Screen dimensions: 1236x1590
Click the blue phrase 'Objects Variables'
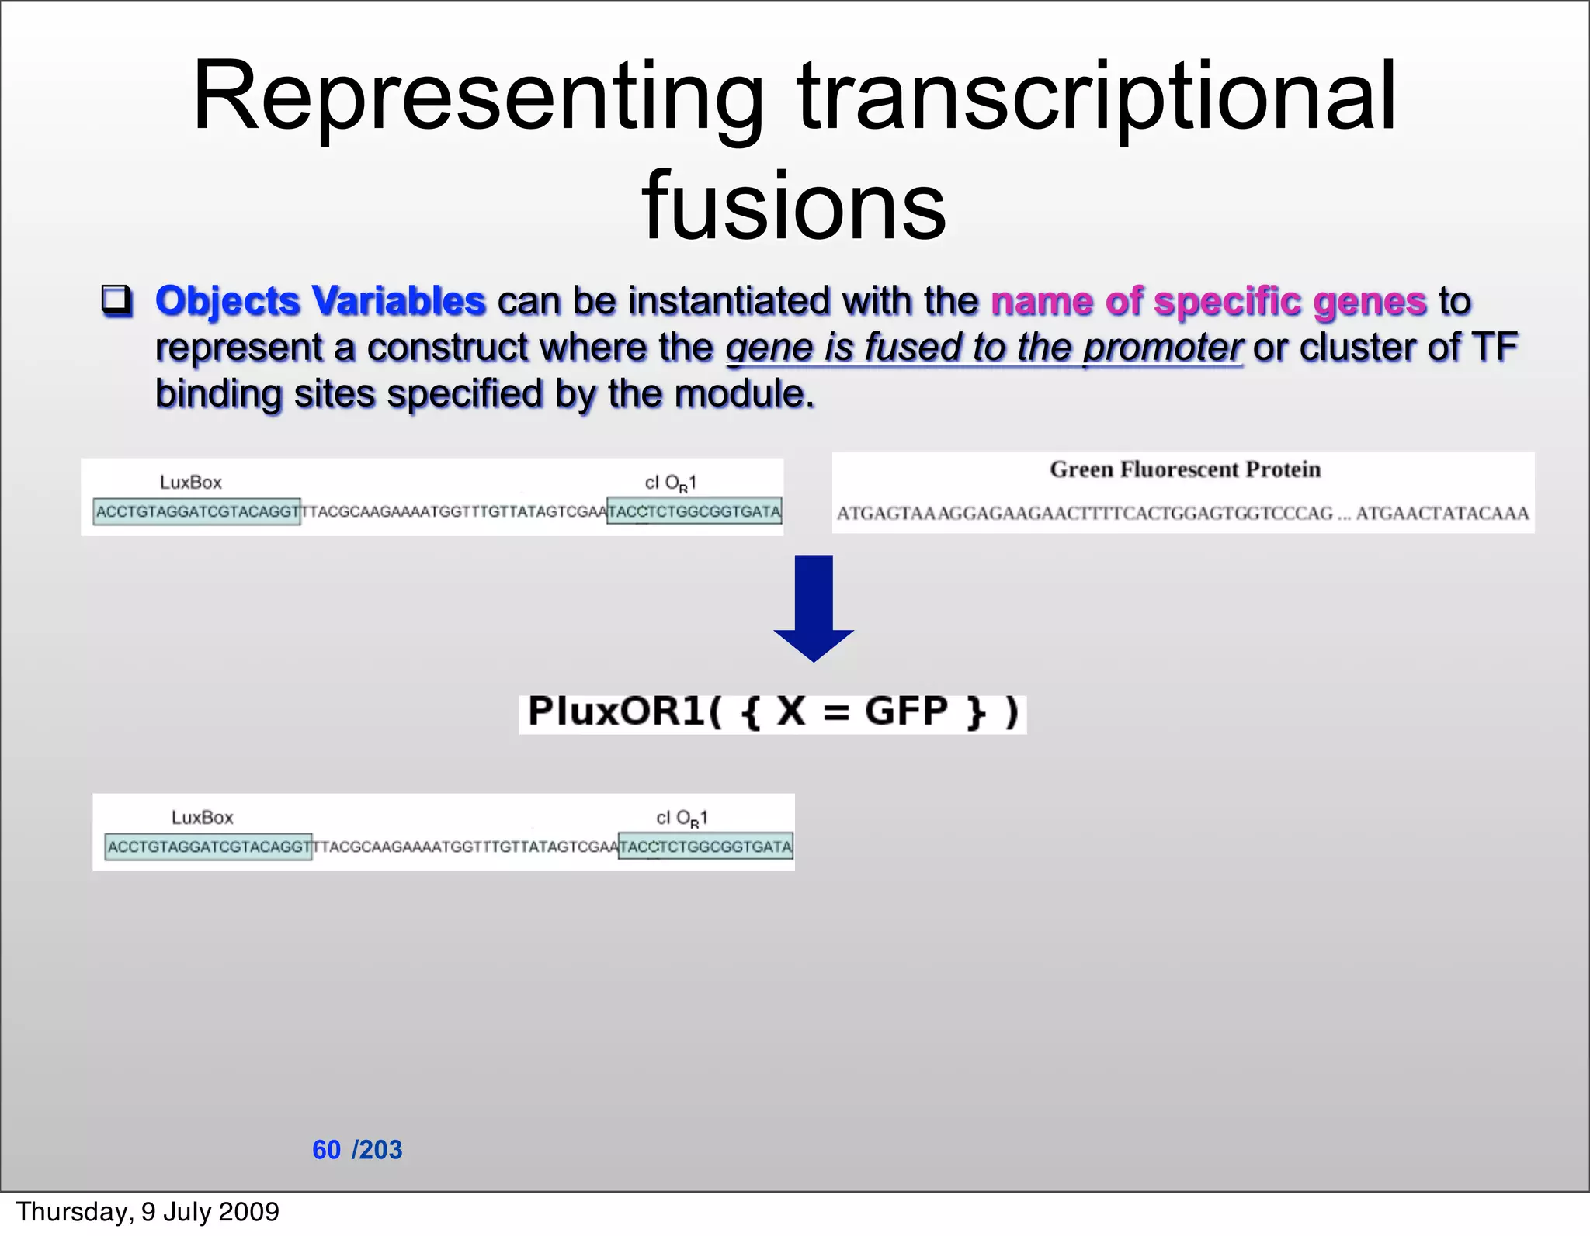[320, 301]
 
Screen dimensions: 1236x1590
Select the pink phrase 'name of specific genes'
[1208, 301]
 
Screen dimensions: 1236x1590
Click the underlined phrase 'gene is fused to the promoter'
[984, 348]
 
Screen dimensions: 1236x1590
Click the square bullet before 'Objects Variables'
[117, 301]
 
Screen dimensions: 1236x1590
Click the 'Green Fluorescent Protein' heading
[1185, 469]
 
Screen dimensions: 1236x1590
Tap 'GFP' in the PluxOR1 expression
[906, 711]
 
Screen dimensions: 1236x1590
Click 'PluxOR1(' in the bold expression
[625, 711]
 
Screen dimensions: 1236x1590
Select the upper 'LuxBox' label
[191, 483]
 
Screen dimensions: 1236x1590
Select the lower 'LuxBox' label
[202, 818]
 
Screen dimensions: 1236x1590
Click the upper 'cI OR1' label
[671, 483]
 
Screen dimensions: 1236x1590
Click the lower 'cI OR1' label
[682, 819]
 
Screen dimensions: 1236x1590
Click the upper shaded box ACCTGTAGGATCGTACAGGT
[196, 512]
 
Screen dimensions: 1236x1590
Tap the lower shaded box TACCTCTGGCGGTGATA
[705, 847]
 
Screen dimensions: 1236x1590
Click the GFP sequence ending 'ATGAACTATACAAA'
[1442, 514]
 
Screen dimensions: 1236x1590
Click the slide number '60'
[326, 1150]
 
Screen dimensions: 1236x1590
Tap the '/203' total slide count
[377, 1150]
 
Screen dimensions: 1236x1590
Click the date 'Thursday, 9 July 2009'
[148, 1212]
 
